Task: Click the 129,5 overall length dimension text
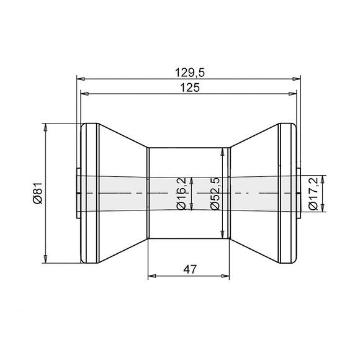click(190, 73)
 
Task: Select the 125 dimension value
click(190, 88)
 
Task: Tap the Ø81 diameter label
click(37, 192)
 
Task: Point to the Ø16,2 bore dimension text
click(181, 193)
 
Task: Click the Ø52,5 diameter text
click(215, 193)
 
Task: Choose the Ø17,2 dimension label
click(312, 193)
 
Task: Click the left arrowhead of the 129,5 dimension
click(79, 79)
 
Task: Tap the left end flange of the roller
click(90, 192)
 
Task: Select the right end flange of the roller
click(286, 192)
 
